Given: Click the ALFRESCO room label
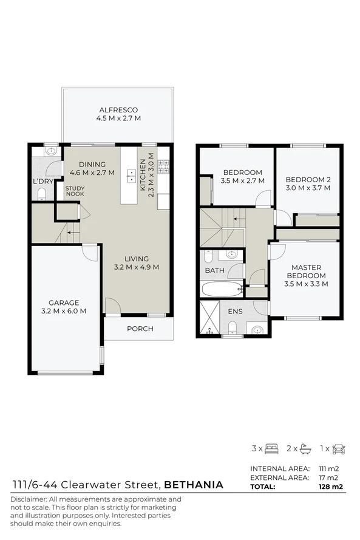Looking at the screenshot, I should [118, 110].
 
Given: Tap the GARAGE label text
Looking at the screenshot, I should [64, 302].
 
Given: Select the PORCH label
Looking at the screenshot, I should [140, 329].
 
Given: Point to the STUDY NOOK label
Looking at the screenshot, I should [75, 191].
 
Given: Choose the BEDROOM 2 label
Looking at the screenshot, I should [308, 180].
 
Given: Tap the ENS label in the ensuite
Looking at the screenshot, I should [236, 311].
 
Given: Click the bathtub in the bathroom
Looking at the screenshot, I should [222, 289].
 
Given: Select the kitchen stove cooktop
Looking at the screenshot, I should [163, 165].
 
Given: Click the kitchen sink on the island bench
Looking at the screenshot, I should [131, 176].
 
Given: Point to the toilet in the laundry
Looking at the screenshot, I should [42, 194].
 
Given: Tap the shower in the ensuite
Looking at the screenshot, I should [210, 318].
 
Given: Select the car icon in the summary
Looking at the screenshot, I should [339, 449].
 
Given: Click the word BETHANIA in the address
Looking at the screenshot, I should [194, 485].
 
